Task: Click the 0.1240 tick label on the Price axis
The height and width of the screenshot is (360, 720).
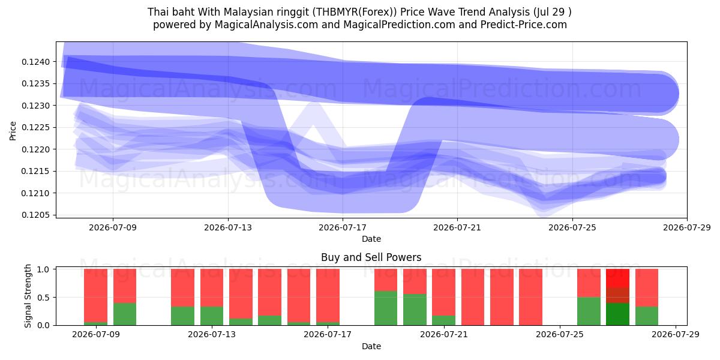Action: (35, 62)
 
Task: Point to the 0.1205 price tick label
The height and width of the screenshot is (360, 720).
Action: (35, 215)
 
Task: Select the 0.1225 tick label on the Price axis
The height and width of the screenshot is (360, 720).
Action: (35, 128)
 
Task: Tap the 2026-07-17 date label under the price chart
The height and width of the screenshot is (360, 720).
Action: (343, 227)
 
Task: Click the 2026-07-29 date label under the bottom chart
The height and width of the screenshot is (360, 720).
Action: (676, 334)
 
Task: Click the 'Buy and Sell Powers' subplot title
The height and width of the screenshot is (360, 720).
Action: (371, 257)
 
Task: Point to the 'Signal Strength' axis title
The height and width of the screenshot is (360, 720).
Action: (28, 296)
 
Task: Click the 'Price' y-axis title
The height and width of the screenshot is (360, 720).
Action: (13, 131)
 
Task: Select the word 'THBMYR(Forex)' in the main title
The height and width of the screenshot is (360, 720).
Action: (355, 12)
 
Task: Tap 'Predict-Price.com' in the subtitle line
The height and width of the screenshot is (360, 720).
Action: (524, 25)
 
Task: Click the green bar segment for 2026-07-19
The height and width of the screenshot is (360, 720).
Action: (386, 308)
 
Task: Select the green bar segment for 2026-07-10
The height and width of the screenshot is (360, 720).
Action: (125, 314)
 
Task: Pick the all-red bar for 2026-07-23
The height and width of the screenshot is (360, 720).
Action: (502, 297)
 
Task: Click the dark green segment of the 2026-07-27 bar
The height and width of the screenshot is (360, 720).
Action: (617, 314)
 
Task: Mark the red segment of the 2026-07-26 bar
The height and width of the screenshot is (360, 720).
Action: (589, 283)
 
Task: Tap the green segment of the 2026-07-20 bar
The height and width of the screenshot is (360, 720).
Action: (415, 310)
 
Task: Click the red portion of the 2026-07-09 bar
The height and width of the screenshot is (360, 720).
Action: (95, 295)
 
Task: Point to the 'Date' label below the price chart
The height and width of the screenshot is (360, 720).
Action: (371, 239)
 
